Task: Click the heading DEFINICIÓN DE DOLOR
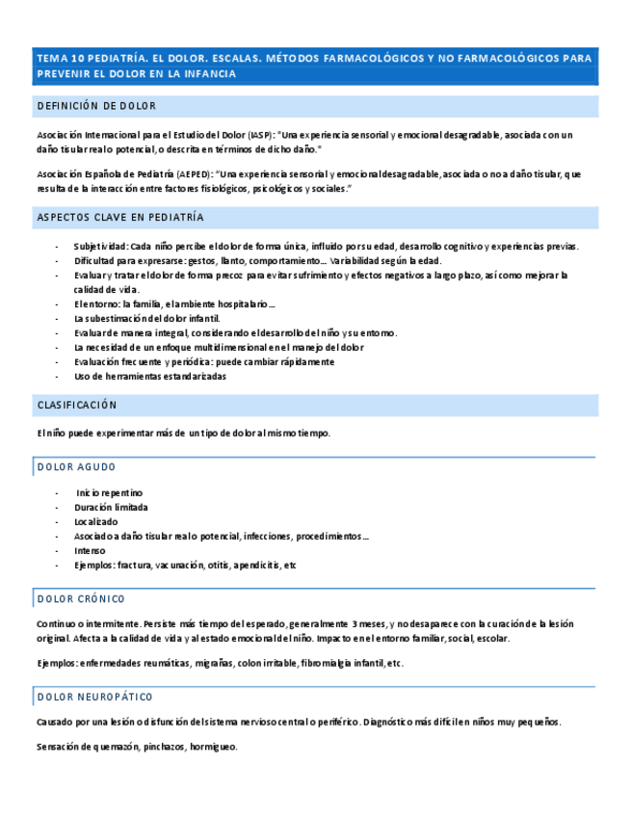point(96,106)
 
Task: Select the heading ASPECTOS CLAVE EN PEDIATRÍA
point(120,218)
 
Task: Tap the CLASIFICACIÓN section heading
point(77,405)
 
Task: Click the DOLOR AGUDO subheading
point(76,467)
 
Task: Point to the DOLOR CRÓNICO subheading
point(81,599)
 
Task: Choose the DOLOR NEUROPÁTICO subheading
point(94,697)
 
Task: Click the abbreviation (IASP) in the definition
point(259,136)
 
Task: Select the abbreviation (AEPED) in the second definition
point(195,174)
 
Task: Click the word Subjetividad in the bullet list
point(100,247)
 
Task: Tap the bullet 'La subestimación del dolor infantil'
point(146,318)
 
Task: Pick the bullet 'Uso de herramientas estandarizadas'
point(150,377)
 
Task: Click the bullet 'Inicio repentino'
point(110,492)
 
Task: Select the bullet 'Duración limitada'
point(111,507)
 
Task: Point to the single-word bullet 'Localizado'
point(96,521)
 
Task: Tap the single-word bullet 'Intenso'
point(90,551)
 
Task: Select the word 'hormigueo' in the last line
point(213,747)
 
